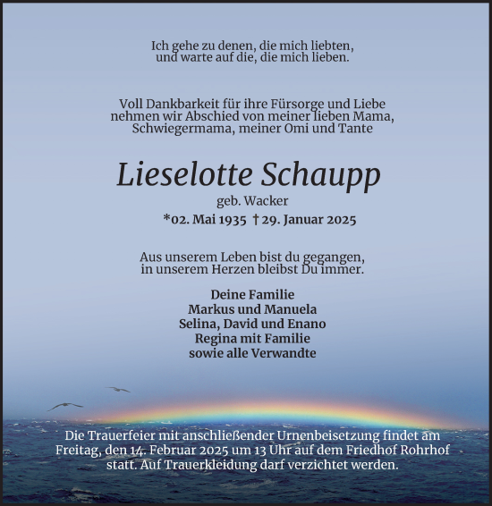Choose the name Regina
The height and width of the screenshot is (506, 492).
216,338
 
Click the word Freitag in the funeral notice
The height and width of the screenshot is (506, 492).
85,450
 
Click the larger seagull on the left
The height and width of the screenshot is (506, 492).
64,405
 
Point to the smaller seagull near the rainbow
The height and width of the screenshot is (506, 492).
117,389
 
